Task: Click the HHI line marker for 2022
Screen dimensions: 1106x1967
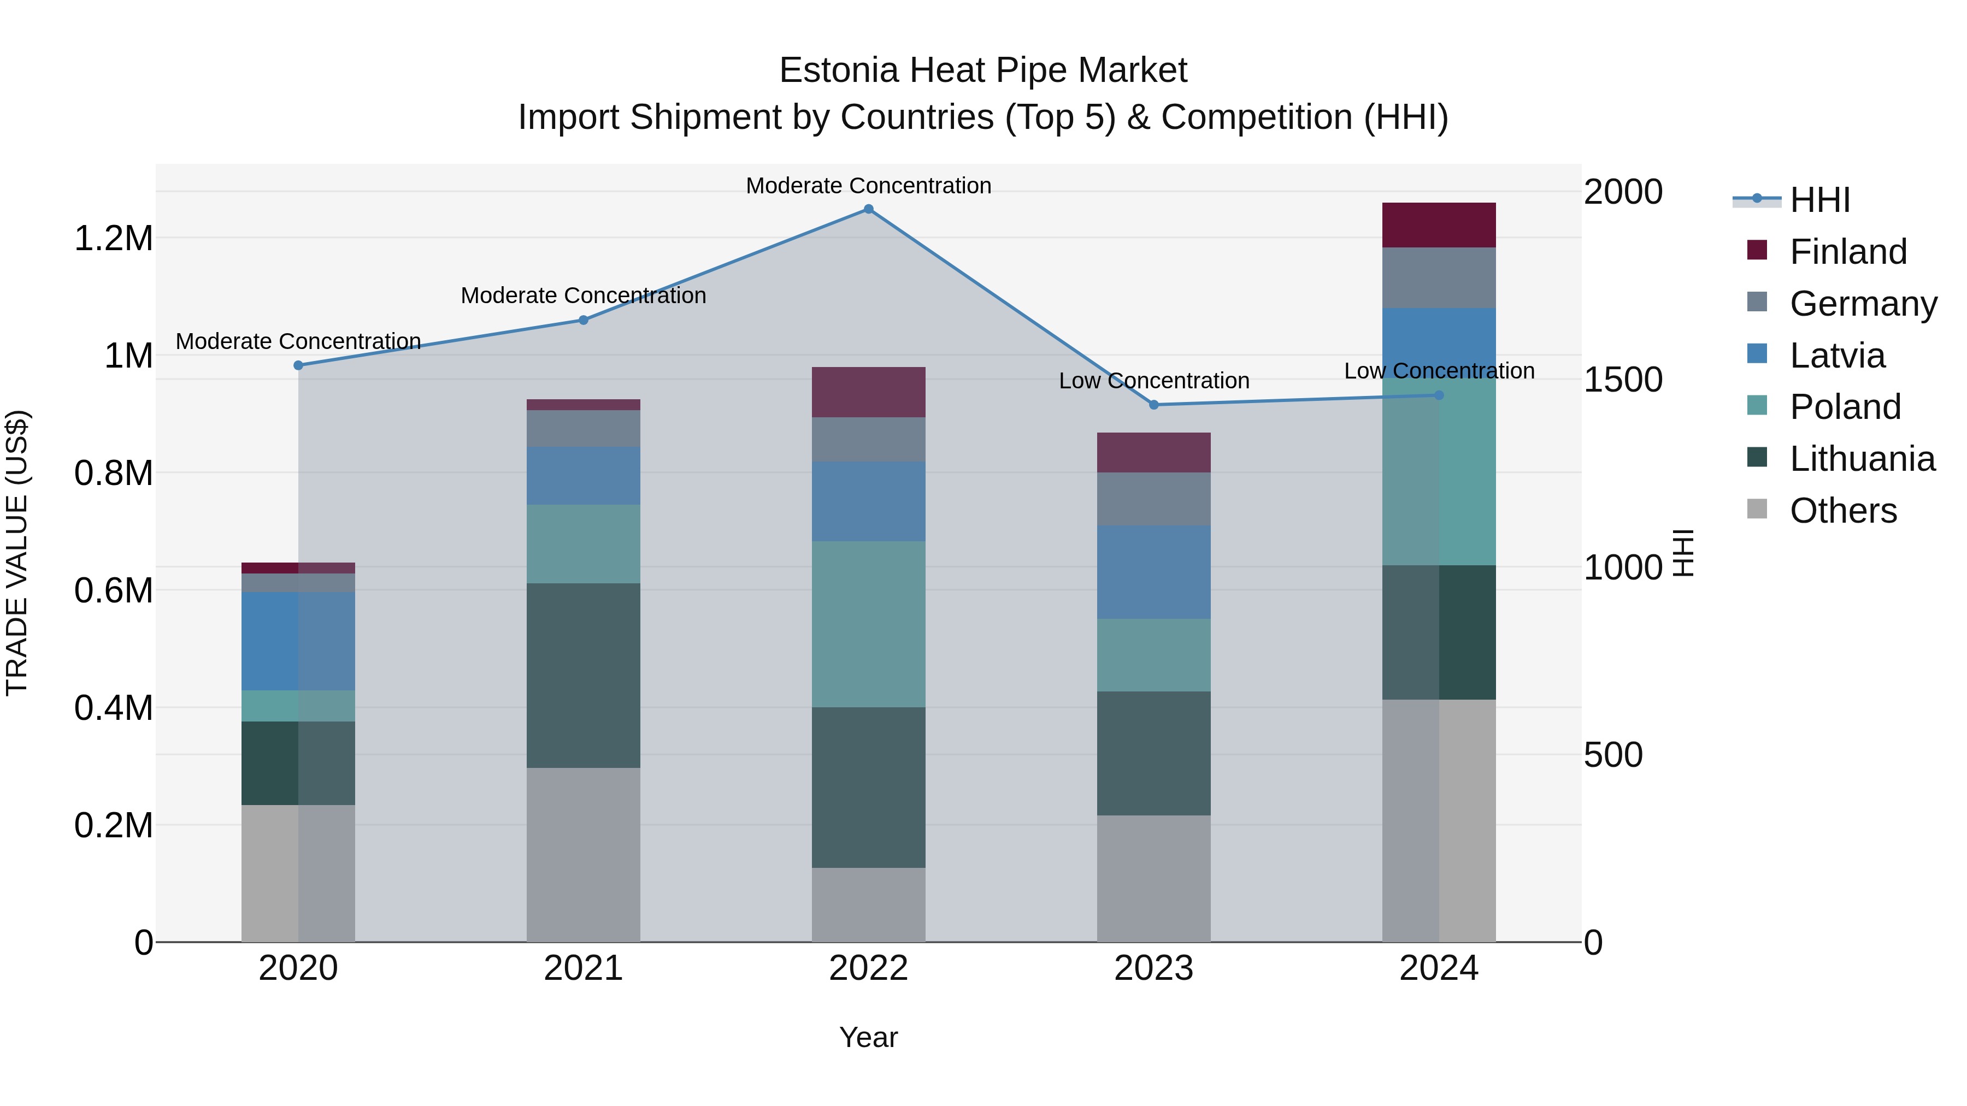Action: point(868,209)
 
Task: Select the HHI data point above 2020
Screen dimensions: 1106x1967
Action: point(298,365)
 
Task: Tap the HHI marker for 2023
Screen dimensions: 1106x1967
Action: point(1154,405)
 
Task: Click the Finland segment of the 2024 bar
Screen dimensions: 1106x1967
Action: point(1439,225)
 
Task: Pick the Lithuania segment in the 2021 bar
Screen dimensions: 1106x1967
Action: point(584,676)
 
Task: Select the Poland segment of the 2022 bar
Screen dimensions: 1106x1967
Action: point(868,624)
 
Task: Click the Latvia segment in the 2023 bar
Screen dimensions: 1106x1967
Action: point(1154,572)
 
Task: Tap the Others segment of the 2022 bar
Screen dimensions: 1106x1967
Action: point(868,904)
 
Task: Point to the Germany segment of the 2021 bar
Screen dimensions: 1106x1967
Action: point(584,428)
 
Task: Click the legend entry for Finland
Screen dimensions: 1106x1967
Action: point(1847,252)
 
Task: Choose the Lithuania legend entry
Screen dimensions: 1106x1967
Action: point(1862,459)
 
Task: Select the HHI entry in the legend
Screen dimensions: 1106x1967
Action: point(1819,200)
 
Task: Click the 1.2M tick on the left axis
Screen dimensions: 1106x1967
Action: point(113,238)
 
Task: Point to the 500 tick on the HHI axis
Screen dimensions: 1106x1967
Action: point(1613,755)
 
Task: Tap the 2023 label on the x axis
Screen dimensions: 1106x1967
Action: point(1154,968)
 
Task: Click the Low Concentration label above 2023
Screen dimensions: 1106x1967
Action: point(1154,381)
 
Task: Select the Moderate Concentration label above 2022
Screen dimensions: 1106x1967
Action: point(868,186)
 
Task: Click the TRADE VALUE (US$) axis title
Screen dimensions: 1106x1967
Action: point(17,553)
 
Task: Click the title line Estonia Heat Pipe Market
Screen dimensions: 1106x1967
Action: point(983,70)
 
